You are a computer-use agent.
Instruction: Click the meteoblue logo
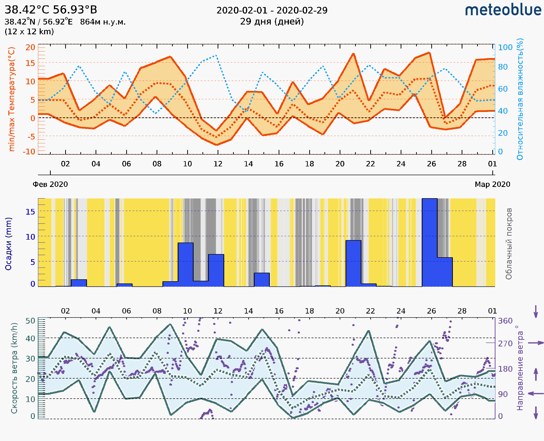[503, 10]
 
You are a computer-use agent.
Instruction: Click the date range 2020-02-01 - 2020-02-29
[272, 11]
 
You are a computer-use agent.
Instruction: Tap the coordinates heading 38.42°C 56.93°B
[51, 10]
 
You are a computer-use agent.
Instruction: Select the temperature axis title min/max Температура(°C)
[12, 99]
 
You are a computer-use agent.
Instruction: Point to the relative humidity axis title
[520, 99]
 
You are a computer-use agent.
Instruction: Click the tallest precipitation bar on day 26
[429, 243]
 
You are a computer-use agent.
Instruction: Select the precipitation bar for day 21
[353, 263]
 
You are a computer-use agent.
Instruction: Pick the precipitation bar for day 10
[185, 265]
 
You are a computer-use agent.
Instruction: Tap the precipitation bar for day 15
[262, 280]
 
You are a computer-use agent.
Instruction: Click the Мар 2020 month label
[492, 184]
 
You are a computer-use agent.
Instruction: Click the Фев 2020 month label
[50, 184]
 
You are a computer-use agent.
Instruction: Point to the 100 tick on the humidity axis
[505, 47]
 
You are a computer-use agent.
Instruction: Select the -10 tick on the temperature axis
[29, 152]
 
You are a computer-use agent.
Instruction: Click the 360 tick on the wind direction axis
[505, 321]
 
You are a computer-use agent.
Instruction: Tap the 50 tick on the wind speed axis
[30, 321]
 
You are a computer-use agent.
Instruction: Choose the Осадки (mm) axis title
[8, 244]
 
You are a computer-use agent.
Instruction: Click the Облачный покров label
[508, 244]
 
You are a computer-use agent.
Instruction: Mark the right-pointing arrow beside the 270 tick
[536, 343]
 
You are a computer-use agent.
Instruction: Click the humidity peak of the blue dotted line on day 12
[216, 55]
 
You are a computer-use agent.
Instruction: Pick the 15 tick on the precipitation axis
[30, 212]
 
